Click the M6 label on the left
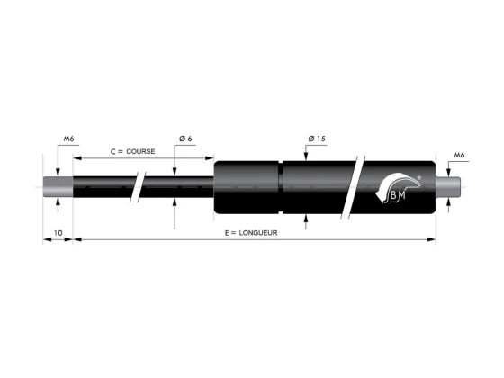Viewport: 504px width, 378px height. [68, 139]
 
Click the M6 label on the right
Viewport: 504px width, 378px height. [459, 155]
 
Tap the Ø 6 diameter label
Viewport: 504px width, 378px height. [185, 139]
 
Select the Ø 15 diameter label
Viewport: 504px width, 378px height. [317, 139]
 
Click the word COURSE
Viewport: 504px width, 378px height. [140, 151]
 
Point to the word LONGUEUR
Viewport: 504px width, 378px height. [258, 233]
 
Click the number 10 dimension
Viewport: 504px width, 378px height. [58, 233]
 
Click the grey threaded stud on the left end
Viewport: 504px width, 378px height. [58, 187]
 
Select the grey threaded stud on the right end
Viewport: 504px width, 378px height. [448, 187]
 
